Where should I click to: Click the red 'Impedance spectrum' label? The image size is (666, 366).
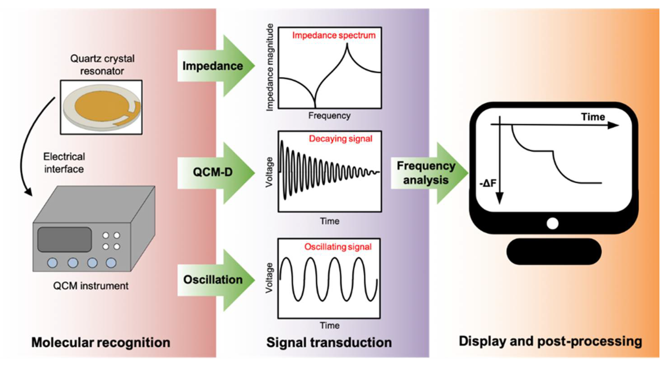(x=334, y=35)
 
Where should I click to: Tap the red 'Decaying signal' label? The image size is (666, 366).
(x=340, y=139)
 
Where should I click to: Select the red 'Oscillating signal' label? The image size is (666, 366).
(x=338, y=247)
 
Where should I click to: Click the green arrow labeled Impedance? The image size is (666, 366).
(x=215, y=66)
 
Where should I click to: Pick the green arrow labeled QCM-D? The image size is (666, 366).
(x=215, y=172)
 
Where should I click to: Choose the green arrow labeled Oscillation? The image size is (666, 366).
(x=215, y=280)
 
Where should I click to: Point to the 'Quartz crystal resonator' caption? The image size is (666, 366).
(x=102, y=65)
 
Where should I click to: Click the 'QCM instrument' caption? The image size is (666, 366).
(x=91, y=286)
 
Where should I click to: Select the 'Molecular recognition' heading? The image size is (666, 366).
(x=101, y=343)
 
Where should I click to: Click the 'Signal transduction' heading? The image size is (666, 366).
(x=329, y=343)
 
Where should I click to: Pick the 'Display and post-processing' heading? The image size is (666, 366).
(x=550, y=341)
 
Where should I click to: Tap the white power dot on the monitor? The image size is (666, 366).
(x=553, y=224)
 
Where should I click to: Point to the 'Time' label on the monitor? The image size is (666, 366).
(x=593, y=117)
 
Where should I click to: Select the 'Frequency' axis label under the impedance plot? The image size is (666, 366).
(x=329, y=115)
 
